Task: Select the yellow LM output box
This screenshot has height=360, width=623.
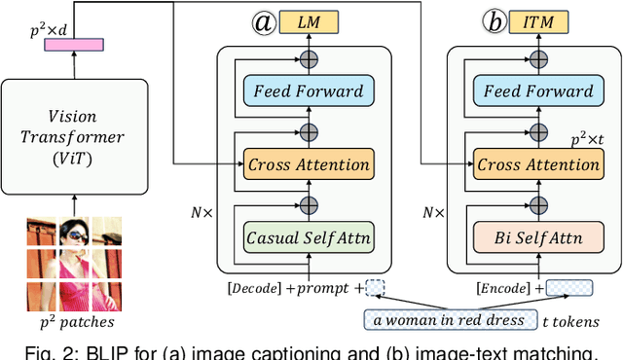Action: point(309,22)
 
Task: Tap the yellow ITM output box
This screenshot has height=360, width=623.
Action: point(537,22)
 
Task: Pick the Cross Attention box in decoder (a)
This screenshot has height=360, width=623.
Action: point(309,164)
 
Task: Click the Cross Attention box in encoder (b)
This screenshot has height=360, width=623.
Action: point(537,164)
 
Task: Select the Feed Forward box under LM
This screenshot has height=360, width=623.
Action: point(309,91)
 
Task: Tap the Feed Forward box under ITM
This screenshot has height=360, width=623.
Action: point(537,91)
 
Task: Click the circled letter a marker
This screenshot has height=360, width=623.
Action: point(264,22)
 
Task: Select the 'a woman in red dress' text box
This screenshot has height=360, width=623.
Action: point(446,319)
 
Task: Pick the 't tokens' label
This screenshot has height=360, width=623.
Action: point(568,321)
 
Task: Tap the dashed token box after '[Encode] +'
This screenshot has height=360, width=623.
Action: point(568,288)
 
